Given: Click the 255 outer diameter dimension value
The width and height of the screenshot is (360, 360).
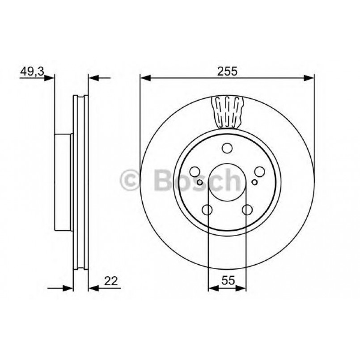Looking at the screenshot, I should (227, 71).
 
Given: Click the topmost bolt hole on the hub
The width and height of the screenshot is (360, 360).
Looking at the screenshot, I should (227, 149).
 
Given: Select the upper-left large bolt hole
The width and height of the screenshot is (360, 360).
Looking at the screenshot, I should (195, 172).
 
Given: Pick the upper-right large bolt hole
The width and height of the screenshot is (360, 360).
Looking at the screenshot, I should (259, 172).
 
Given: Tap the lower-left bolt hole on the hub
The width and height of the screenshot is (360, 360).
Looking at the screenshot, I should (208, 209).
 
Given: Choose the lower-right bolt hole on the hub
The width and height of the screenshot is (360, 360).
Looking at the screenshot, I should (247, 209).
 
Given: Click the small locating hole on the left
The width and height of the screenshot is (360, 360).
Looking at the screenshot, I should (200, 182).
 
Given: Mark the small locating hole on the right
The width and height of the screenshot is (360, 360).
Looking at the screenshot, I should (254, 182).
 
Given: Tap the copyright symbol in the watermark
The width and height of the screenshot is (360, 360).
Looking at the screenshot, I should (131, 180).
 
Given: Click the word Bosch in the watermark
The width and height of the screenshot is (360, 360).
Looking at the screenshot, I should (197, 180).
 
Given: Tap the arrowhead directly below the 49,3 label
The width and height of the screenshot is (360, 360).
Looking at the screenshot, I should (50, 78).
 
